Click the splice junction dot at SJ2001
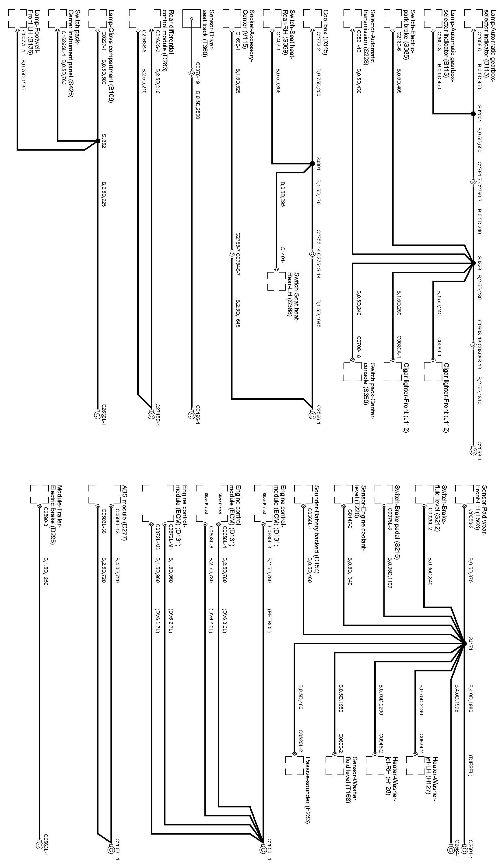[x=473, y=113]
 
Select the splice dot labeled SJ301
[x=312, y=164]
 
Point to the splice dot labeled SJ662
[x=98, y=140]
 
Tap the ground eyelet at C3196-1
[x=192, y=415]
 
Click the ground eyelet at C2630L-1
[x=98, y=415]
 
